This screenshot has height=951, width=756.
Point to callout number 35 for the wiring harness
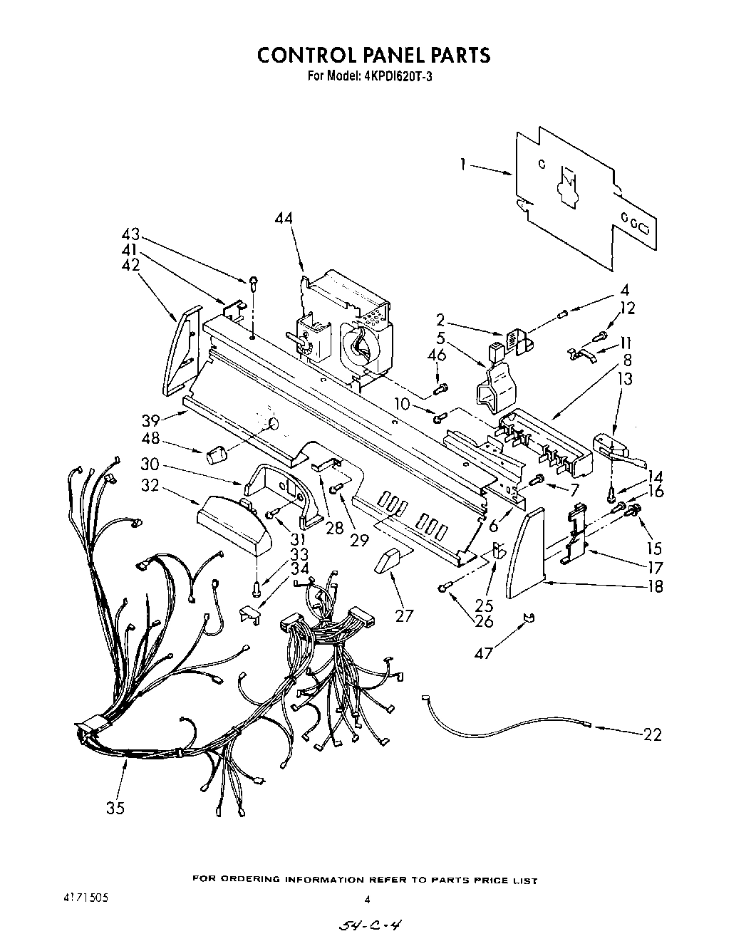click(116, 808)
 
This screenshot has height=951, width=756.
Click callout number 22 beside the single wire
click(652, 734)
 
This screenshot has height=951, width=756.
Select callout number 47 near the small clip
click(484, 653)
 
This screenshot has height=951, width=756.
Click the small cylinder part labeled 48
click(216, 454)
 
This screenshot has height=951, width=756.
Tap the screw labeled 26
click(444, 587)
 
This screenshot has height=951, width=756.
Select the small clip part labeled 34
click(250, 613)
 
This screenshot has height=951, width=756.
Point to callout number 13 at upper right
click(625, 380)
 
